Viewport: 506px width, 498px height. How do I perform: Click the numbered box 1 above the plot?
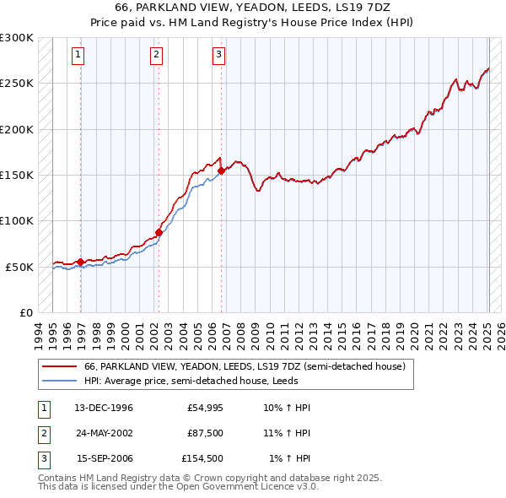[x=78, y=56]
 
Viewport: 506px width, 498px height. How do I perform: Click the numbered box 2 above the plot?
[x=157, y=56]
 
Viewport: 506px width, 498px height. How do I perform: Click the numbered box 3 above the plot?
[x=218, y=56]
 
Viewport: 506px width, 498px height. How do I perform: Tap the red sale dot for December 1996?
[x=80, y=262]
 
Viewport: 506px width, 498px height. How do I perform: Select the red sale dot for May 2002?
[x=159, y=232]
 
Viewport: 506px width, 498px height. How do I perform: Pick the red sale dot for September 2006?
[x=221, y=171]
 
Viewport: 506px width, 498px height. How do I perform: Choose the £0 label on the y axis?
[x=24, y=312]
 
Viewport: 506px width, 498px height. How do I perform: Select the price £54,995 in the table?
[x=202, y=408]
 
